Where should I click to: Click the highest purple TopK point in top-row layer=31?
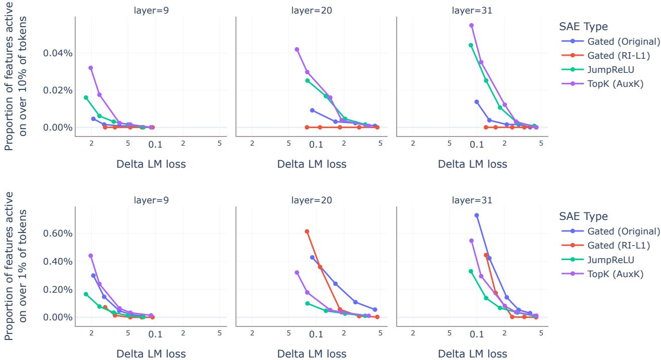click(x=471, y=25)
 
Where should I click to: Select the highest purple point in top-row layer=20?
click(x=297, y=49)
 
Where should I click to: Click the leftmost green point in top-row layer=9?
click(x=86, y=97)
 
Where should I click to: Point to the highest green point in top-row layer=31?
click(x=471, y=45)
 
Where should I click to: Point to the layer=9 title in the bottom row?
click(x=151, y=200)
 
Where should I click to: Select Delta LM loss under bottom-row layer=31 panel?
click(x=472, y=353)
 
